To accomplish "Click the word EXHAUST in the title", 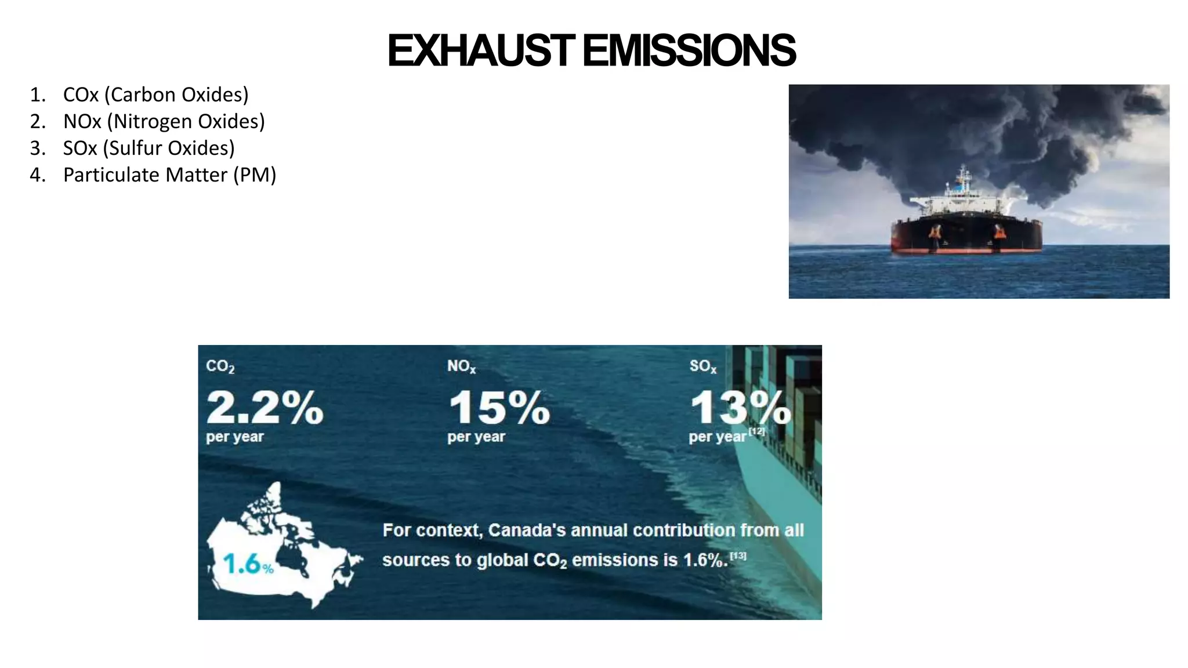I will click(x=480, y=51).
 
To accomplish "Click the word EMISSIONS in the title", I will click(x=689, y=51).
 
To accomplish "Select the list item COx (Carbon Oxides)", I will click(x=155, y=95).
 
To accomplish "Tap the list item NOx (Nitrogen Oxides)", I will click(x=164, y=121).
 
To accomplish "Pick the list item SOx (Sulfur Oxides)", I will click(x=148, y=148).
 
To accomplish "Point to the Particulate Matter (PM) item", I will click(x=169, y=175).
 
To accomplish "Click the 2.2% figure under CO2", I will click(x=265, y=407).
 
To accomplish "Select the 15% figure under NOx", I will click(x=499, y=407).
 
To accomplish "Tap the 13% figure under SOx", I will click(x=740, y=407).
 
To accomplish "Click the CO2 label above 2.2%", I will click(x=220, y=366).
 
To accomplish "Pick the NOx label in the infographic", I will click(x=461, y=366).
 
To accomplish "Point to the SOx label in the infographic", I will click(x=702, y=366).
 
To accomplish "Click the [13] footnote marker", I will click(x=738, y=556).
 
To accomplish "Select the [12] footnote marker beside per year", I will click(x=756, y=431).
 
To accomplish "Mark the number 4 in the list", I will click(x=37, y=175).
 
